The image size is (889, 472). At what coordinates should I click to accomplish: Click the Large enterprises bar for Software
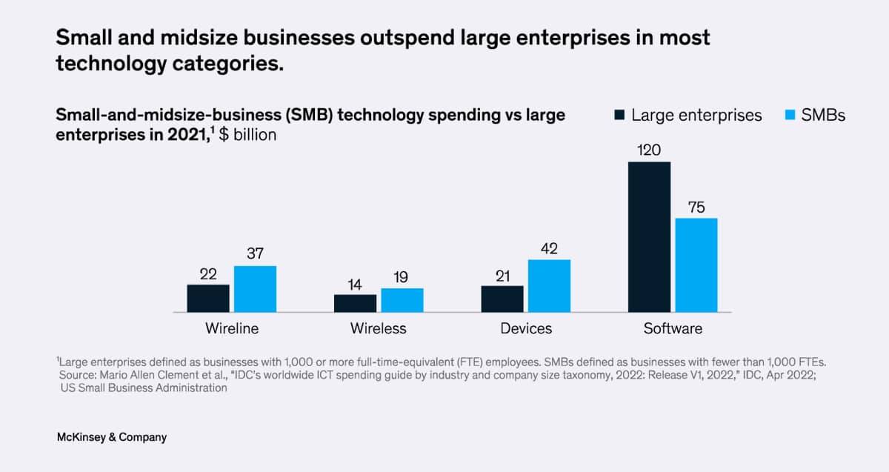click(649, 237)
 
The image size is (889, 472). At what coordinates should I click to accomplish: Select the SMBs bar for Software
click(696, 265)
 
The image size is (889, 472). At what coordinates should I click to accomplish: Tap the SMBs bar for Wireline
click(255, 289)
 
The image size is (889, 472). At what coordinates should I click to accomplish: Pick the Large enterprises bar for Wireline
click(208, 298)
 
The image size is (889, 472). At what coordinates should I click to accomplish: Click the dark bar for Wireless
click(355, 303)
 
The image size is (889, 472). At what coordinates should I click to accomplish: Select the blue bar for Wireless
click(402, 300)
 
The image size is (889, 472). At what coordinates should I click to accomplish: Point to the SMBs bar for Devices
click(549, 285)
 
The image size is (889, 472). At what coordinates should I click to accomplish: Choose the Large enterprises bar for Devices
click(502, 299)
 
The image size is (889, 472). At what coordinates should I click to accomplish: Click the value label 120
click(649, 150)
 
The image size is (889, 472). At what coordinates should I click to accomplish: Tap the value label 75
click(696, 207)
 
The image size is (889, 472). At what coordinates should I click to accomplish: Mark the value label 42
click(549, 248)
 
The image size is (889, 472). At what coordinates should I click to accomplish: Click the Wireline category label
click(232, 328)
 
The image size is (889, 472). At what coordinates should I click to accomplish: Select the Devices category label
click(526, 328)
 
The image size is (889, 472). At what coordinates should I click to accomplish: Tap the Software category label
click(673, 328)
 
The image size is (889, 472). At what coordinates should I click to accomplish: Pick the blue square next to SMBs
click(788, 116)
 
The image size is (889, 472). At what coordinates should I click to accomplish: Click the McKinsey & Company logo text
click(112, 437)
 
